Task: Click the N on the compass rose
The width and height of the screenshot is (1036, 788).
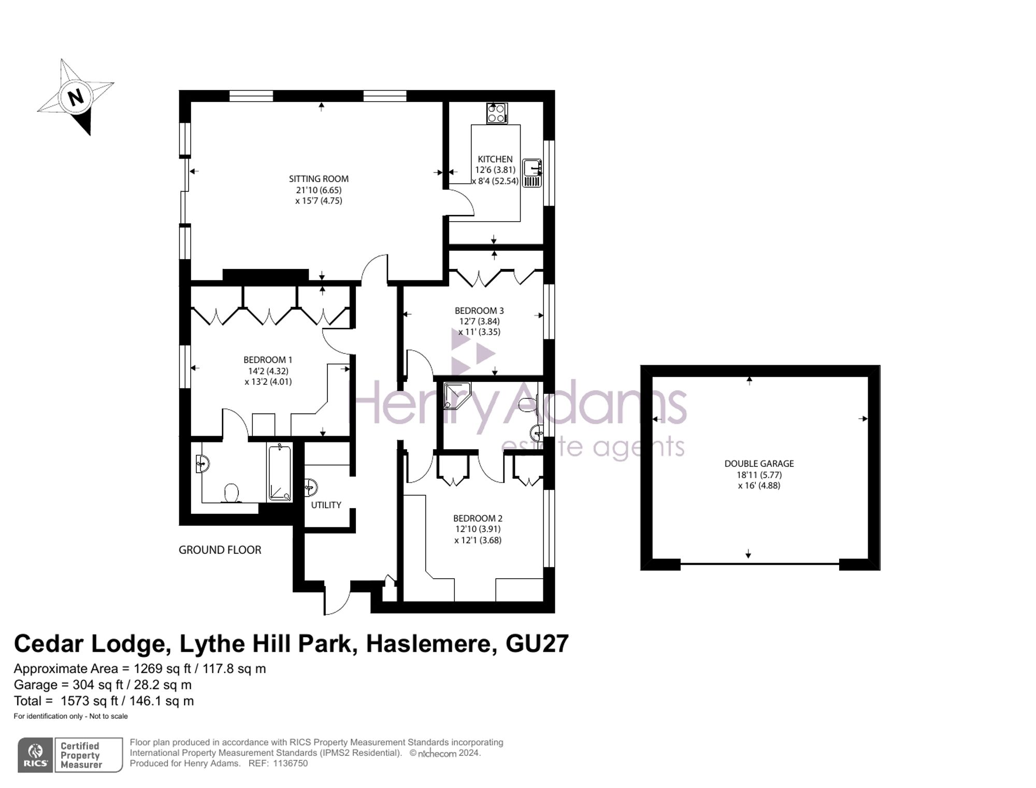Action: (x=76, y=97)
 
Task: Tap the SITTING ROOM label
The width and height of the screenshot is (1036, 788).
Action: (x=319, y=179)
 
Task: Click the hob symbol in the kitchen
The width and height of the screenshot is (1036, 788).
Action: (x=497, y=113)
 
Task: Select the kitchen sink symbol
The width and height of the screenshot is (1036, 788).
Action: (x=532, y=173)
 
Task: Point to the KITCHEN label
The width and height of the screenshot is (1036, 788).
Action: (x=495, y=159)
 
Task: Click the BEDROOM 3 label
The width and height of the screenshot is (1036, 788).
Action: (x=479, y=311)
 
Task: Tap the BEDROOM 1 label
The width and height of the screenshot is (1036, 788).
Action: (x=268, y=360)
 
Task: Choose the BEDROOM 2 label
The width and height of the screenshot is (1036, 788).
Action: (x=478, y=518)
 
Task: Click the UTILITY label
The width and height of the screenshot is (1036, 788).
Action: (x=326, y=505)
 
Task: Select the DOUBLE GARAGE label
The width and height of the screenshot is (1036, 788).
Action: (x=759, y=464)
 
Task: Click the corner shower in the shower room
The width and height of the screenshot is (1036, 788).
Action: (x=457, y=395)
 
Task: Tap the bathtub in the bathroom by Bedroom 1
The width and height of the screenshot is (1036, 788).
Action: (x=280, y=472)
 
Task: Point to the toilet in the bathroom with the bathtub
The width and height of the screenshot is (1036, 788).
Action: (x=231, y=493)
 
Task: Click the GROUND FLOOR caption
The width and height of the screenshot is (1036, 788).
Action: (x=220, y=550)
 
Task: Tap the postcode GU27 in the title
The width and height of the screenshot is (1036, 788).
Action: (x=537, y=643)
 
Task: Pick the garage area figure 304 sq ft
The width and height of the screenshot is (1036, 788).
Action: (x=98, y=685)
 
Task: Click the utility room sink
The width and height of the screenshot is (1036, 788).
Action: (x=311, y=487)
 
